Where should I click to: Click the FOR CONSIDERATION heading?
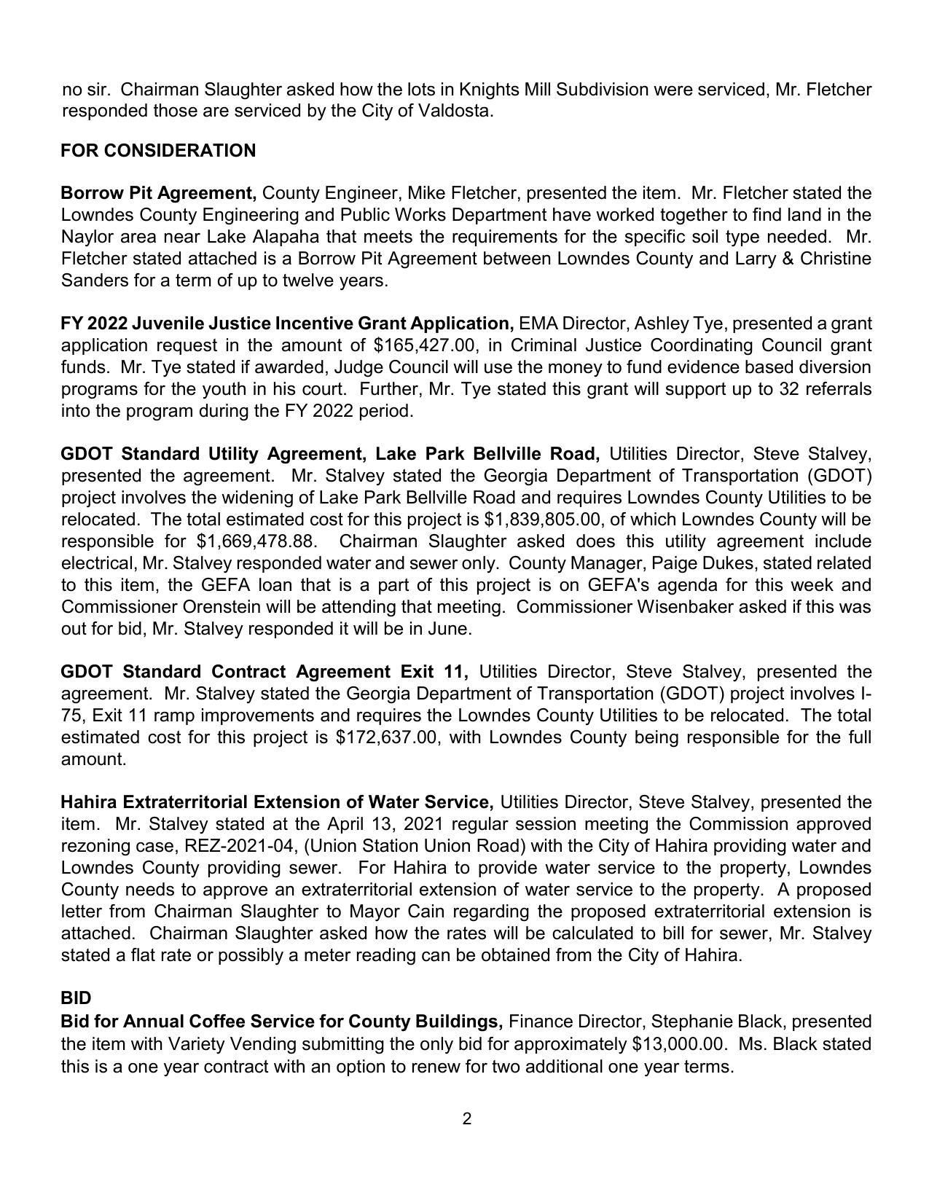click(158, 151)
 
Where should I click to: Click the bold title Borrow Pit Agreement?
click(158, 193)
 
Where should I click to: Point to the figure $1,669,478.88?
click(256, 541)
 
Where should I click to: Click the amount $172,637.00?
click(388, 737)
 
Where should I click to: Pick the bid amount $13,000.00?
click(679, 1044)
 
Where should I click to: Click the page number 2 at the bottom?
click(466, 1118)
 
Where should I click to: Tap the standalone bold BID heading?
click(76, 998)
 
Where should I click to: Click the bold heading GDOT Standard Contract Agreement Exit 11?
click(264, 671)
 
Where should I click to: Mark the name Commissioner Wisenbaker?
click(624, 607)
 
